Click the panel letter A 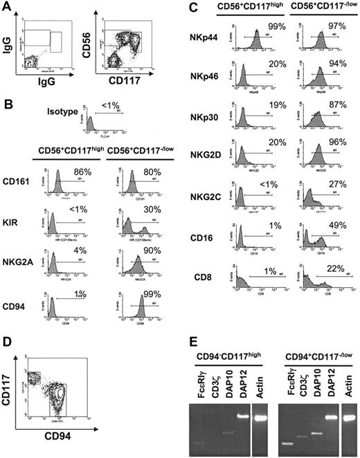coord(6,6)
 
